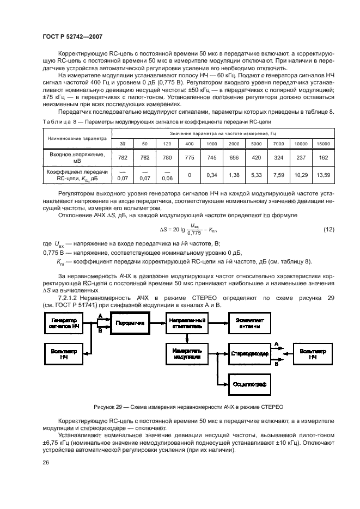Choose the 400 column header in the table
190,144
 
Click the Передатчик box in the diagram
130,323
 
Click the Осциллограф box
249,384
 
